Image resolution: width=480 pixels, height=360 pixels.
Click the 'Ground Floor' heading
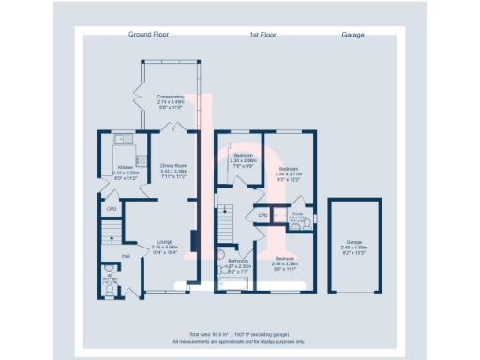[147, 35]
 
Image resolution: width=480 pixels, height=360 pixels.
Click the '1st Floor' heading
[247, 35]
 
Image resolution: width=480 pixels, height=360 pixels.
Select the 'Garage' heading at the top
[352, 35]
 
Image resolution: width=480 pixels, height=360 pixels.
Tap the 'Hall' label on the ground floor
[125, 256]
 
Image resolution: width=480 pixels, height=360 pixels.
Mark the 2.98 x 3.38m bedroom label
[286, 263]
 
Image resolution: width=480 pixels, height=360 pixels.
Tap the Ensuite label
[298, 216]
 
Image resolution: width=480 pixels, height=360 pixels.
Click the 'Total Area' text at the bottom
[239, 333]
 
